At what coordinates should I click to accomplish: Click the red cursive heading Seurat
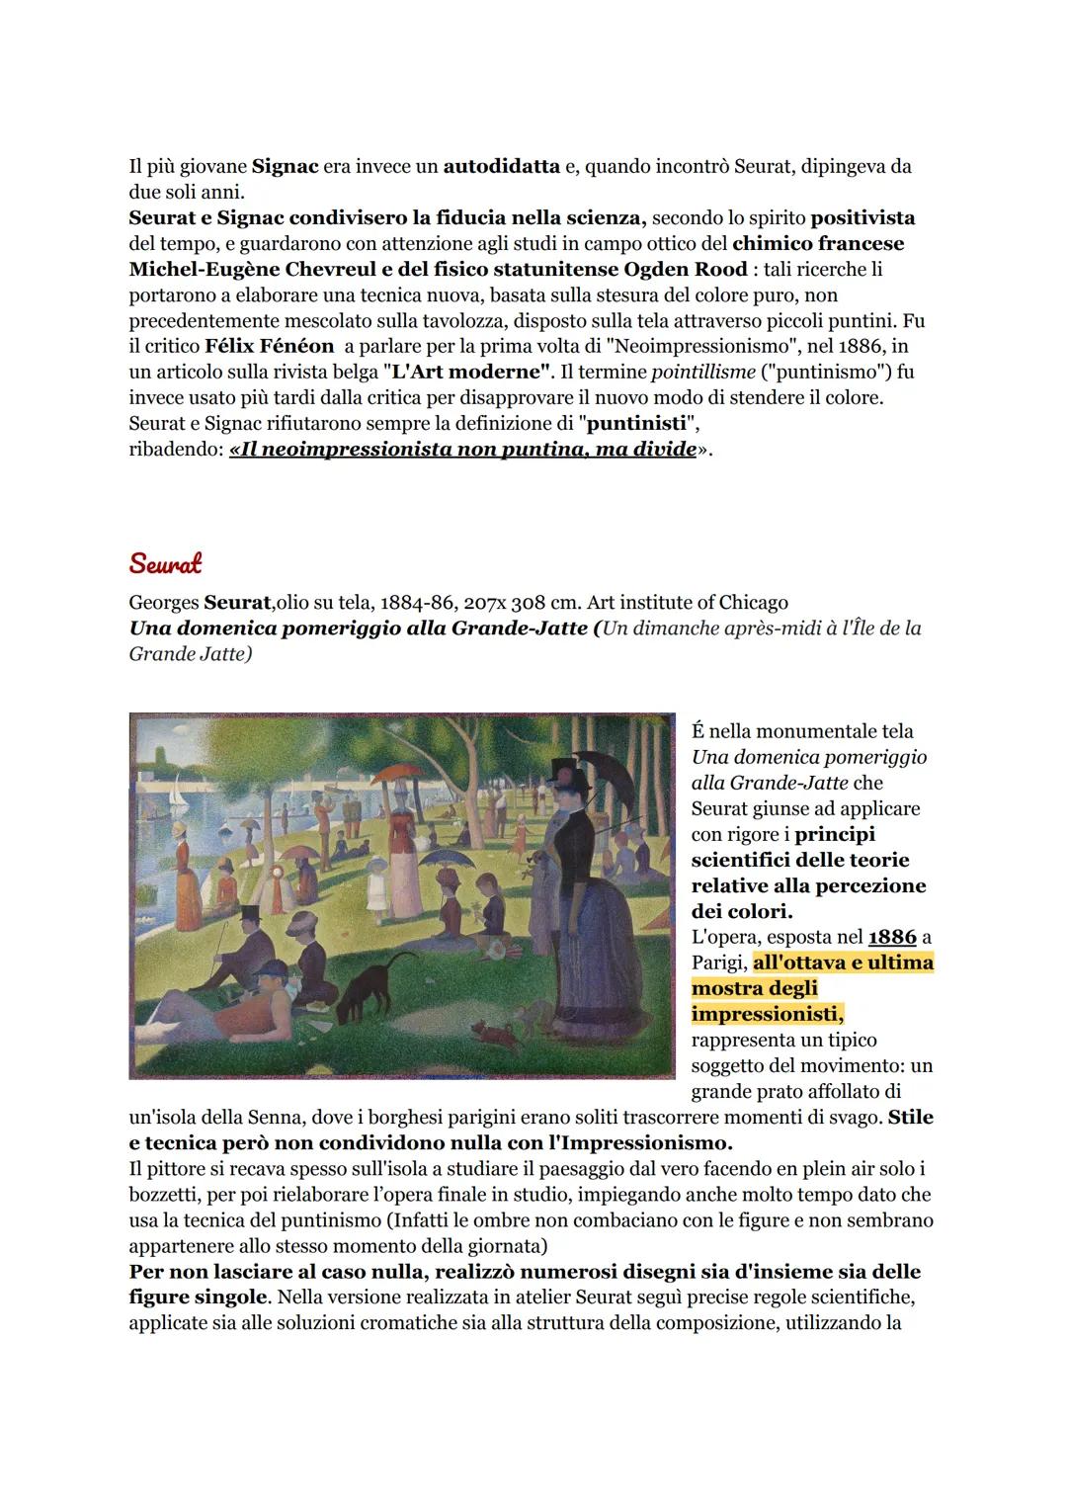[165, 563]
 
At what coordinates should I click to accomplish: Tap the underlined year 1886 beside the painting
[892, 937]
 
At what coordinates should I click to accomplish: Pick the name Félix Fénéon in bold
[269, 347]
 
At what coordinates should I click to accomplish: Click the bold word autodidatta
[501, 166]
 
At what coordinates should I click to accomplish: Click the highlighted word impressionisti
[767, 1014]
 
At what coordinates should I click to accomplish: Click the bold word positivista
[862, 217]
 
